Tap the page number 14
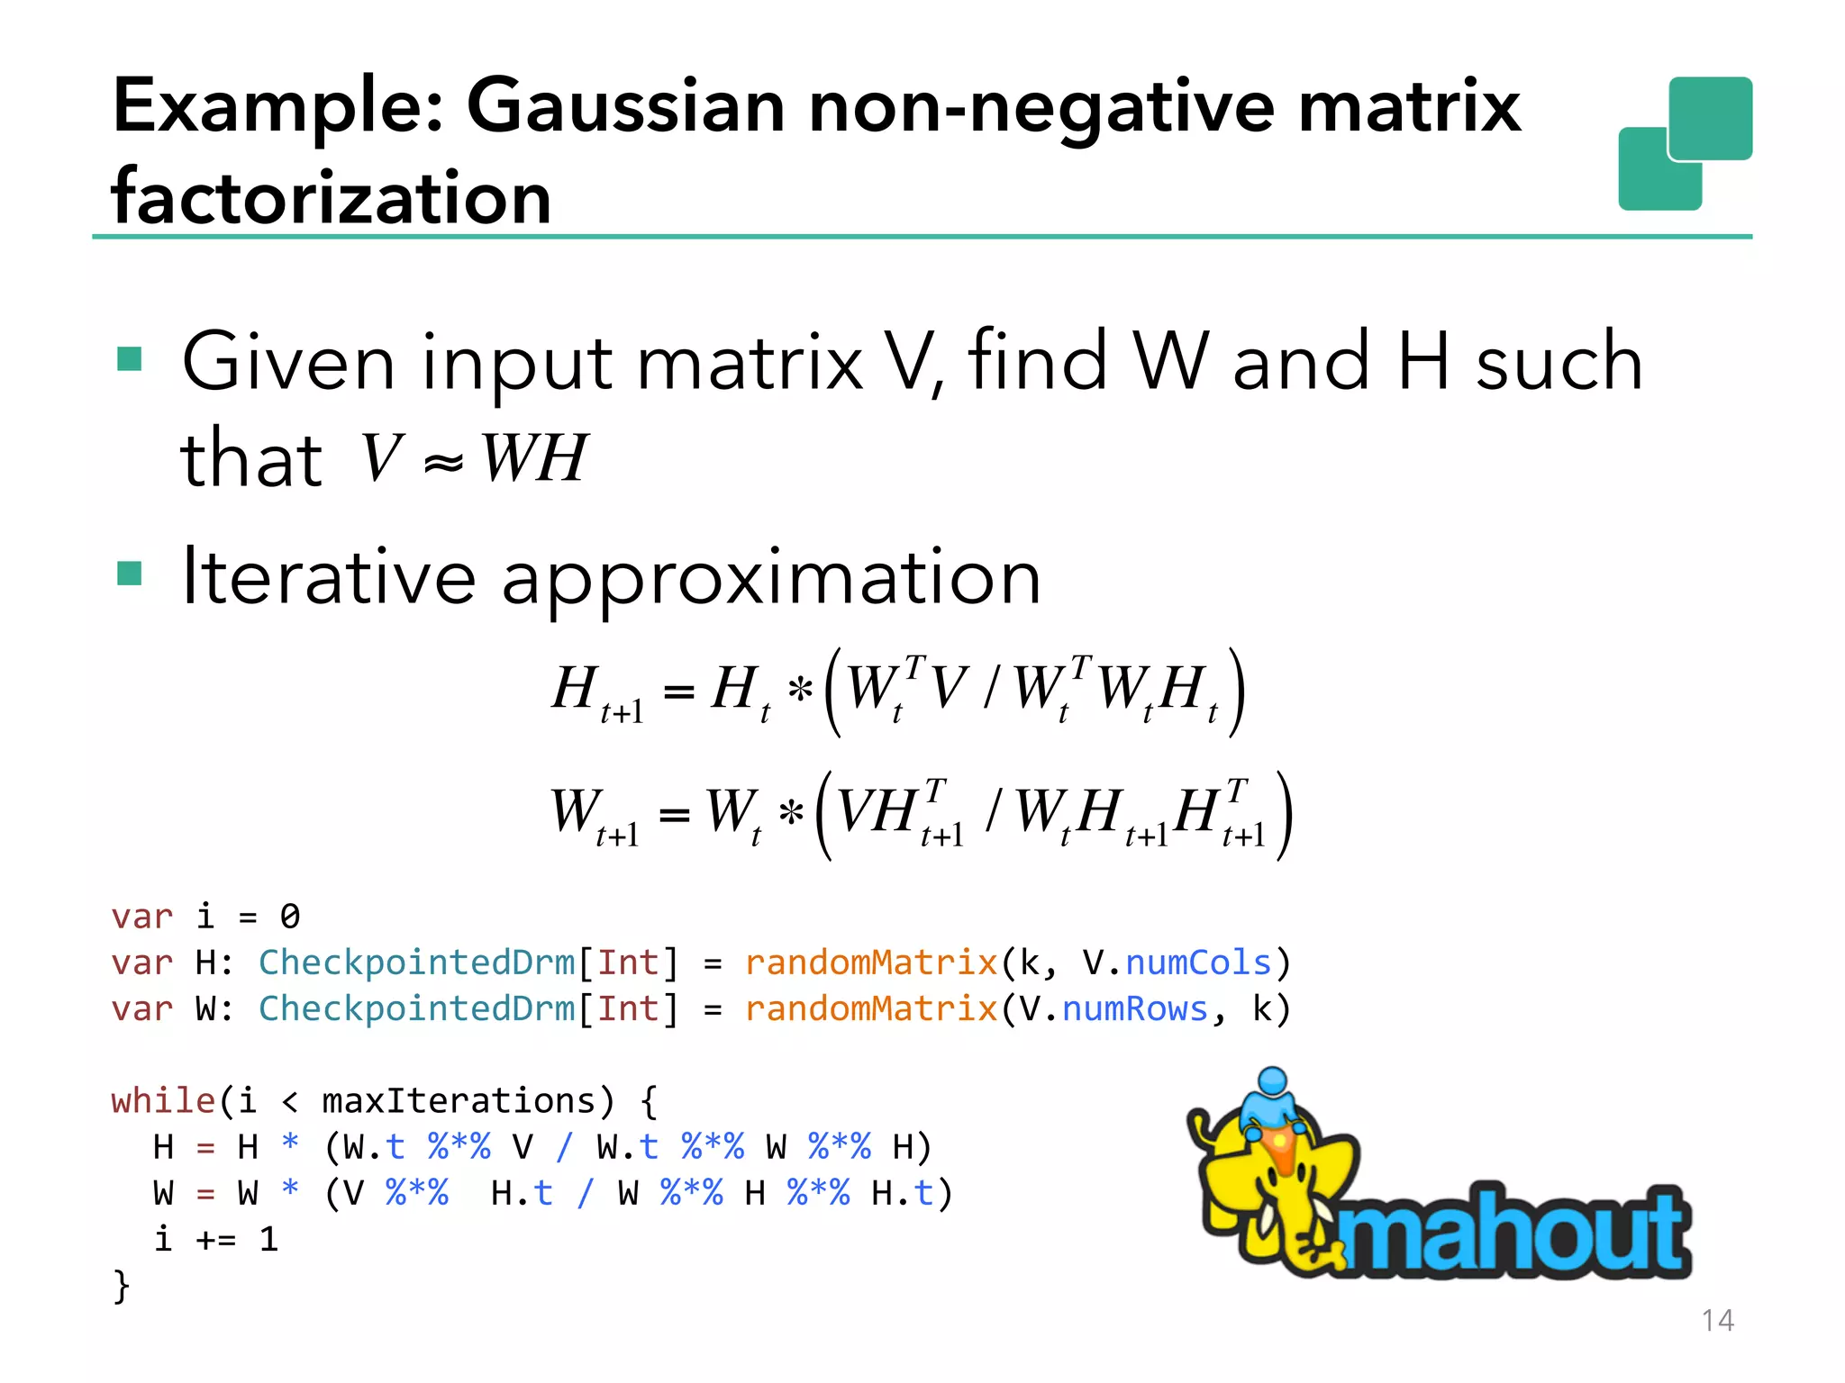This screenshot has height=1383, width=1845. (1717, 1320)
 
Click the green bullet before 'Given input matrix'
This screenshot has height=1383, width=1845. (130, 359)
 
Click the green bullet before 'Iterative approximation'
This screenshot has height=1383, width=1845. (130, 573)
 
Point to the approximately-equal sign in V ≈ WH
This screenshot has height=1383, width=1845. (443, 463)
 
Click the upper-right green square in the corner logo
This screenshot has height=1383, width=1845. (1709, 118)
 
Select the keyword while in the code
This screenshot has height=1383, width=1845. (163, 1101)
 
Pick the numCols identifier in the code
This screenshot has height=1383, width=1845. (1197, 963)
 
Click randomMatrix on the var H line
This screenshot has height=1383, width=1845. (870, 963)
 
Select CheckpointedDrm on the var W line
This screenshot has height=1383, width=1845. (416, 1008)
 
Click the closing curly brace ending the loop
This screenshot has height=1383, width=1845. (122, 1286)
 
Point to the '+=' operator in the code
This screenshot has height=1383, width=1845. (216, 1240)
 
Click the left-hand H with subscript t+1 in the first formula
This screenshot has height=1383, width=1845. (595, 692)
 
